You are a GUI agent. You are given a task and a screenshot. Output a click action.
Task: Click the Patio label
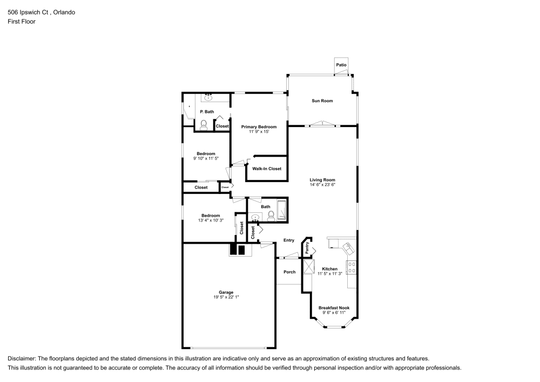(x=341, y=65)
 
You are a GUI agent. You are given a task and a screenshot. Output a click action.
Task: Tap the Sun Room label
(x=322, y=100)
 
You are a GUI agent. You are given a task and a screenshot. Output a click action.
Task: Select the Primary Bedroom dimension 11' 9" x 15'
(x=259, y=132)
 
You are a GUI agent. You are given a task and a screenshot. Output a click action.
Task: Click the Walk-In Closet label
(x=267, y=169)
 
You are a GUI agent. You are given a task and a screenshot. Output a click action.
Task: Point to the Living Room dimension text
(x=322, y=185)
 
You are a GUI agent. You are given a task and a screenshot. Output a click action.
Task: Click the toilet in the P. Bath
(x=204, y=125)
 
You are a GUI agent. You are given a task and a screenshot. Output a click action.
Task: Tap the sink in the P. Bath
(x=208, y=97)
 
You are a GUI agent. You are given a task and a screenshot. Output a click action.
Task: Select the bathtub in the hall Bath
(x=282, y=210)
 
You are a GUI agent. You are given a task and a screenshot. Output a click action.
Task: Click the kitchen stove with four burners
(x=352, y=267)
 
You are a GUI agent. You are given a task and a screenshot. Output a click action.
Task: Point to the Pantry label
(x=307, y=248)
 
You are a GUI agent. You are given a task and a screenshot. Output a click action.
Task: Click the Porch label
(x=289, y=272)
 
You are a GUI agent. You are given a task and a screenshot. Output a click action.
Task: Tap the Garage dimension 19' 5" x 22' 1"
(x=226, y=297)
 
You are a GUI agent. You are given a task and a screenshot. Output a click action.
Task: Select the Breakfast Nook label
(x=334, y=308)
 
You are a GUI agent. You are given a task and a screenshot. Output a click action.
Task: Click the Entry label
(x=288, y=240)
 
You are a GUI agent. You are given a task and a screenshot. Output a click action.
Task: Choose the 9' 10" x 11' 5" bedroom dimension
(x=206, y=158)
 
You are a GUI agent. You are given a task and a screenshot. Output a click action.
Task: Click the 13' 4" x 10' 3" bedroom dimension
(x=211, y=220)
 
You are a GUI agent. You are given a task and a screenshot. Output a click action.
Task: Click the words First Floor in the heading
(x=22, y=22)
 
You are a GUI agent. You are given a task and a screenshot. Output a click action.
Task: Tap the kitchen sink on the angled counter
(x=348, y=247)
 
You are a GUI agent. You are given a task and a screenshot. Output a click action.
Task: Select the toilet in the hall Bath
(x=271, y=215)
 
